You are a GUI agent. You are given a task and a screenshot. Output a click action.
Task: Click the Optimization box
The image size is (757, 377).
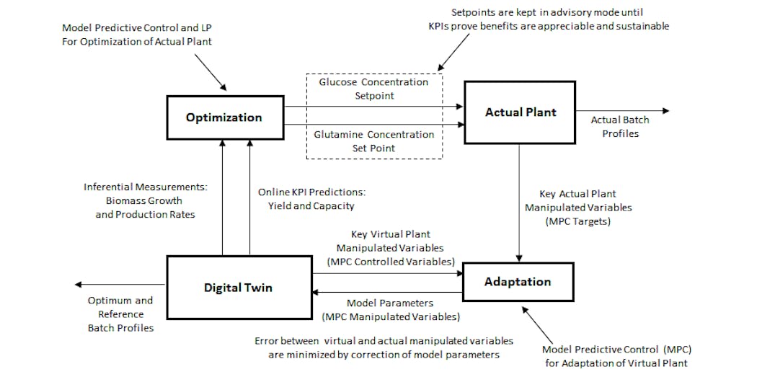coord(224,117)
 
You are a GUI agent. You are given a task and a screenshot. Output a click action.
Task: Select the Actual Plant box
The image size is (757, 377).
coord(520,112)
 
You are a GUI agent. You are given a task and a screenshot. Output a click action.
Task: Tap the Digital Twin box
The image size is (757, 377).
coord(238,288)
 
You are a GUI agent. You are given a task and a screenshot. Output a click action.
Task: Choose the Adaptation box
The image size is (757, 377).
coord(518,282)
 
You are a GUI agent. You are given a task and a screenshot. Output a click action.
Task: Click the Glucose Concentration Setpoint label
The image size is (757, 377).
coord(373,89)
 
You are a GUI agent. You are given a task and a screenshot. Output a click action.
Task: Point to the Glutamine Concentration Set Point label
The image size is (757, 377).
coord(374,141)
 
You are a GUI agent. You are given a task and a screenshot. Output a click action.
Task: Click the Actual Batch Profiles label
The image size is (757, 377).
coord(620,127)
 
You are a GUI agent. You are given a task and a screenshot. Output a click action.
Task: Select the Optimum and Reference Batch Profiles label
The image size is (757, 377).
coord(120,314)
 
